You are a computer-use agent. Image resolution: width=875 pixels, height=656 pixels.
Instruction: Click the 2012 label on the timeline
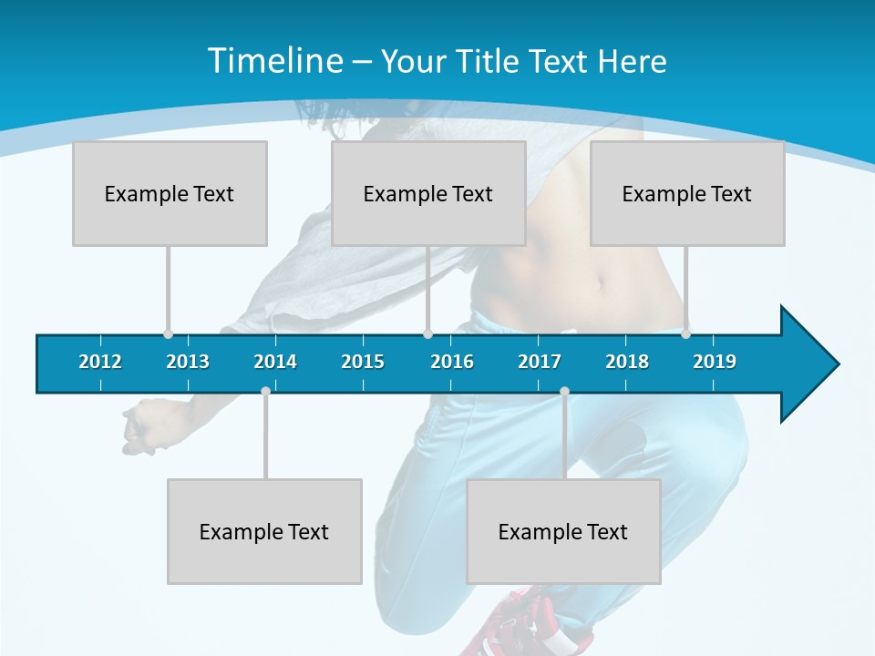click(x=100, y=362)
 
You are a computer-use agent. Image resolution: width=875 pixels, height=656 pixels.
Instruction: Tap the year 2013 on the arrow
click(x=188, y=362)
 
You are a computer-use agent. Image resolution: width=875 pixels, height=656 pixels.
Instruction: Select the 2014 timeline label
click(x=275, y=362)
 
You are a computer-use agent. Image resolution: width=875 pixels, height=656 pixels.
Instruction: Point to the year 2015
click(x=363, y=362)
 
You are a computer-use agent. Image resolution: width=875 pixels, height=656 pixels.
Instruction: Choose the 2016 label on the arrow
click(x=452, y=362)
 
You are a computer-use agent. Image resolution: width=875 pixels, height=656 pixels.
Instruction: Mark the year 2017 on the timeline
click(x=540, y=362)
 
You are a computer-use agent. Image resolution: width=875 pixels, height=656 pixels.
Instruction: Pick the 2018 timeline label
click(x=627, y=362)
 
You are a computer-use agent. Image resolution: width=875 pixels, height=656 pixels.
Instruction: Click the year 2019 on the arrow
click(x=715, y=362)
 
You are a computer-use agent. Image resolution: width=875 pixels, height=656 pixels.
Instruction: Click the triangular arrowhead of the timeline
click(x=808, y=364)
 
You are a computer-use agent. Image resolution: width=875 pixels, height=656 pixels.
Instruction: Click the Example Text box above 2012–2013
click(x=170, y=193)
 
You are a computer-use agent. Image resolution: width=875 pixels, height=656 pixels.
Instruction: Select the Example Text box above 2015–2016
click(x=428, y=193)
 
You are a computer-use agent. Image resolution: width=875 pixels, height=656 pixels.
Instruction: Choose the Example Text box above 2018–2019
click(x=687, y=193)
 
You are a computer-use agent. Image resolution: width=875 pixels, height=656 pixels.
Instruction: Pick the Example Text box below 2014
click(x=264, y=531)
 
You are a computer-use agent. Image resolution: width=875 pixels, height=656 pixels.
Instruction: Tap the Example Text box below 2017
click(x=563, y=531)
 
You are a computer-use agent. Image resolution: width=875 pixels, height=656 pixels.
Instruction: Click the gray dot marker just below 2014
click(x=265, y=391)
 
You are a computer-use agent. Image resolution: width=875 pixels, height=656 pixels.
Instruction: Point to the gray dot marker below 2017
click(x=564, y=391)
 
